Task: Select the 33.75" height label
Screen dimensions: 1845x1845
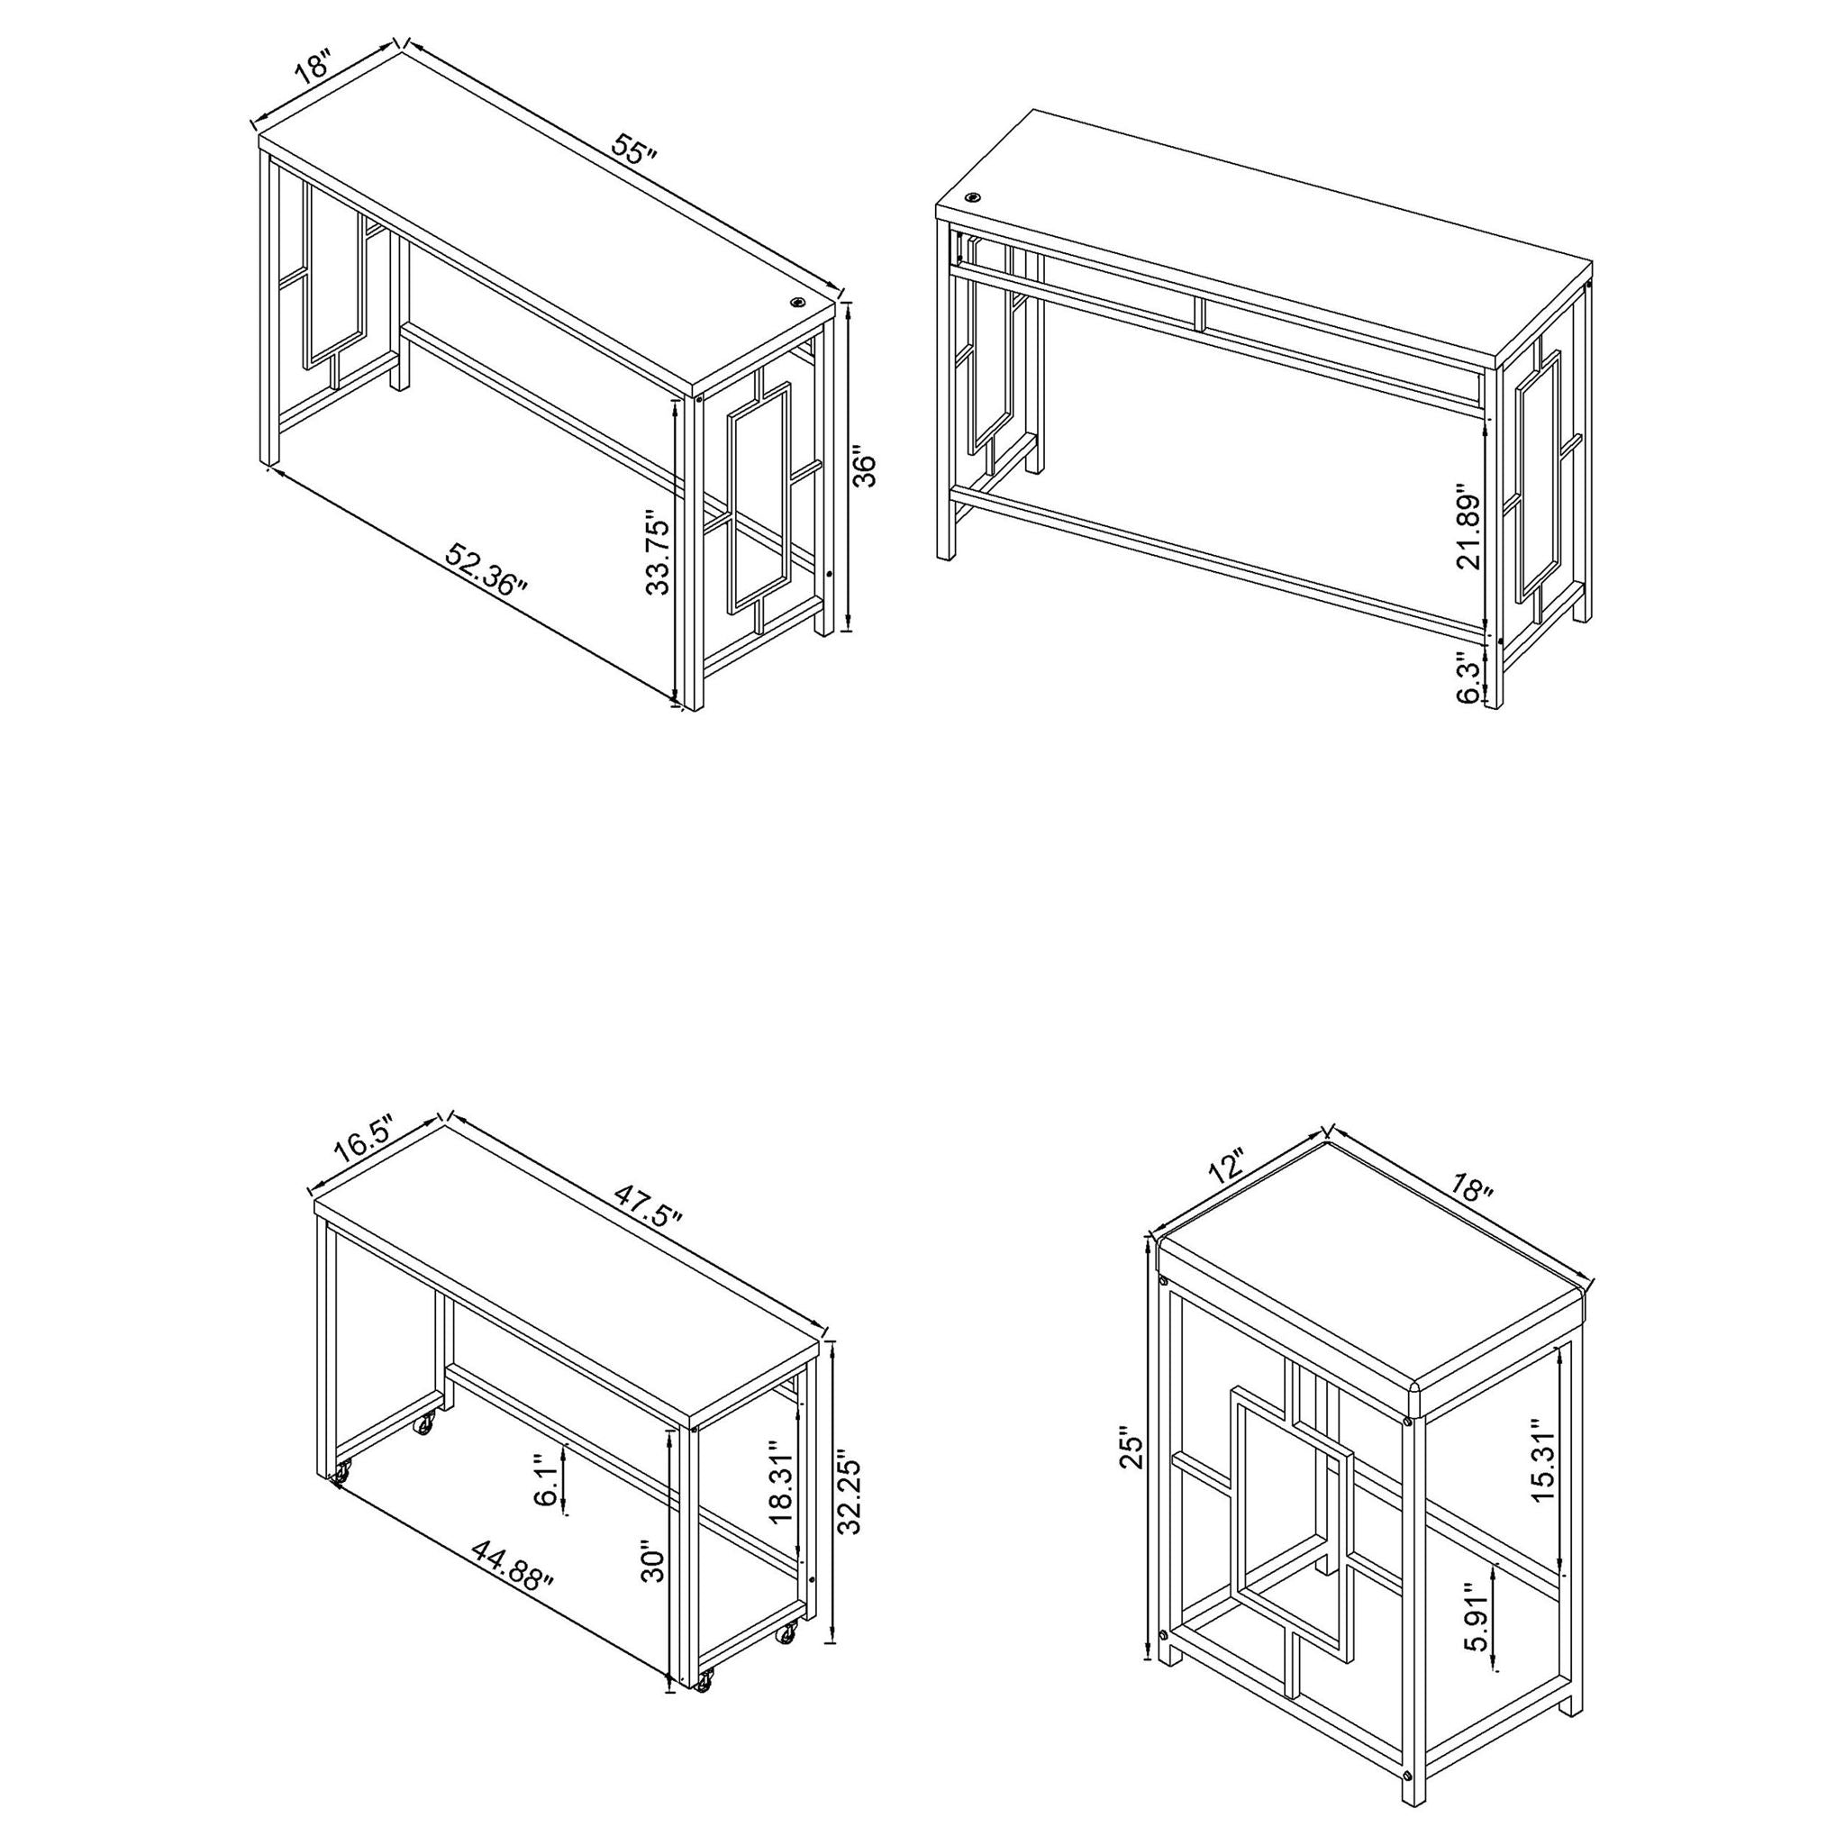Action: (x=659, y=551)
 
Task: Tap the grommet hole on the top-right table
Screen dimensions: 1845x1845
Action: (x=973, y=197)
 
